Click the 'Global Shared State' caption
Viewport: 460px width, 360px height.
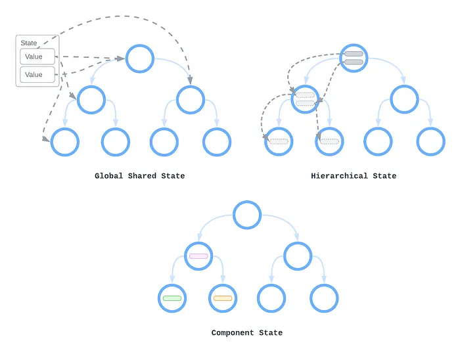139,176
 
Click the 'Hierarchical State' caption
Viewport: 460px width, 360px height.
354,176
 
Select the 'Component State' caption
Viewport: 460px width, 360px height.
246,333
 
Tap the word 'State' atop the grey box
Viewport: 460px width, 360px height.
29,43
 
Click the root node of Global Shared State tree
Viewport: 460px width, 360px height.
139,59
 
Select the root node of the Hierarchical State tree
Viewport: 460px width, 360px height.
354,59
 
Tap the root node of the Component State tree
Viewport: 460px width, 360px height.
247,215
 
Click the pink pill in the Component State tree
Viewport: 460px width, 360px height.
198,256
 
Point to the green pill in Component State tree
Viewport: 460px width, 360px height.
172,298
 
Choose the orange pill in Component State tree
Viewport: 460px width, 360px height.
223,298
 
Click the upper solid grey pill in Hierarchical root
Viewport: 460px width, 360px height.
354,54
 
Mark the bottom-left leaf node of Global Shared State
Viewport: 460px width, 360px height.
64,142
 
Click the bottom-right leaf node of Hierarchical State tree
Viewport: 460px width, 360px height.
431,142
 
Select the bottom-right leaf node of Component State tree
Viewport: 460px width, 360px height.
324,298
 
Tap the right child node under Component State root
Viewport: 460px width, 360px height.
298,256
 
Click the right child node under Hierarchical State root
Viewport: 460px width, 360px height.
404,100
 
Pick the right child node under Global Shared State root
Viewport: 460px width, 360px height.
191,100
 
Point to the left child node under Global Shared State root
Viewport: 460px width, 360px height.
91,100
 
